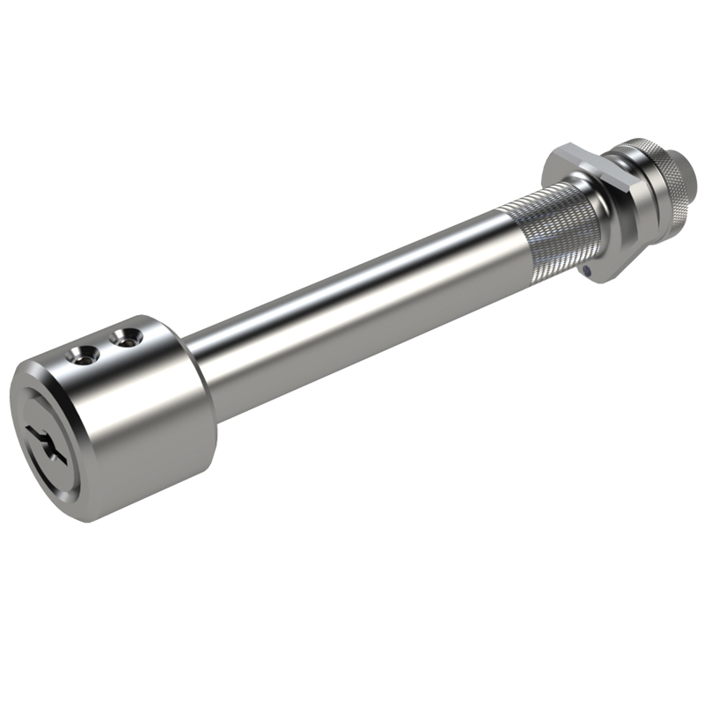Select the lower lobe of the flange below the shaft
[x=607, y=264]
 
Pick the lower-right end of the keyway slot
[x=62, y=458]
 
